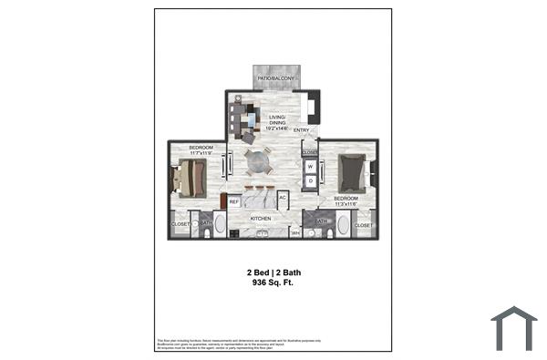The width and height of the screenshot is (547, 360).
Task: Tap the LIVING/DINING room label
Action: pos(277,123)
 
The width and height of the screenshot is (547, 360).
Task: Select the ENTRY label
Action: pos(301,130)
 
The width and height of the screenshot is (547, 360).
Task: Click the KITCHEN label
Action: pos(263,219)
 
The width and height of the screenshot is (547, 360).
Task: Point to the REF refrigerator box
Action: pos(233,201)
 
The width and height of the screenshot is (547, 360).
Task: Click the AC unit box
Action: pos(283,198)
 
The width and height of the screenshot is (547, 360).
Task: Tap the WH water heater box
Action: pos(294,233)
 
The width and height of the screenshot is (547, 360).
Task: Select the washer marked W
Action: pos(310,167)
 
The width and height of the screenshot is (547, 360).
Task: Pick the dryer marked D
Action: pos(310,180)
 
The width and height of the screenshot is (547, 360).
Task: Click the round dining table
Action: pos(259,163)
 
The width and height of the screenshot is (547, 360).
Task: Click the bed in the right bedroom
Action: pos(353,170)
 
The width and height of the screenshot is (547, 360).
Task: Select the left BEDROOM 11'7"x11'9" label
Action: pos(201,149)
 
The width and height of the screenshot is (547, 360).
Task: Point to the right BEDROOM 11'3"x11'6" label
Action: pos(346,201)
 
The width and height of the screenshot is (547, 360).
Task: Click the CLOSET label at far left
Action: pos(180,224)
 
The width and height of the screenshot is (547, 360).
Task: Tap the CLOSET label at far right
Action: pos(363,224)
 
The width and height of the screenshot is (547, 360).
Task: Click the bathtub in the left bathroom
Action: pos(220,226)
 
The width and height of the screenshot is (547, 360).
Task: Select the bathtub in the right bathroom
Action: pos(341,226)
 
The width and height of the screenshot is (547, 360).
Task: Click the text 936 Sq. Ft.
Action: pos(273,283)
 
